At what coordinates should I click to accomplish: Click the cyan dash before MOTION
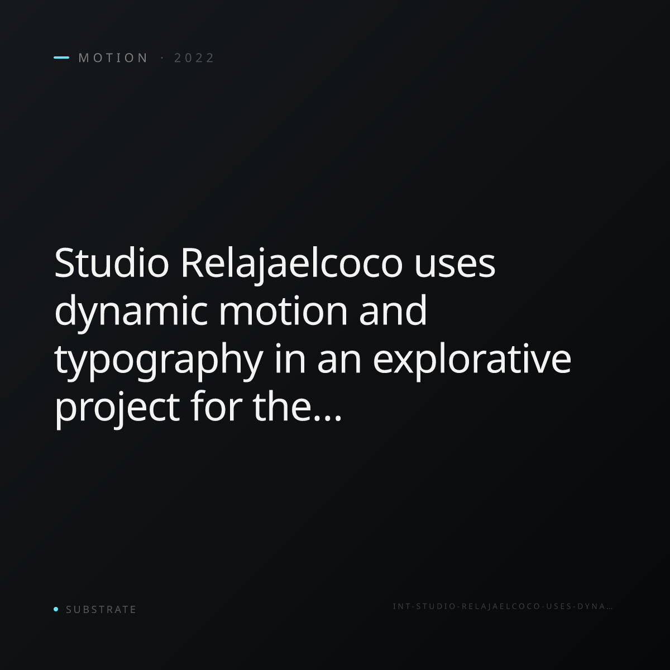click(61, 58)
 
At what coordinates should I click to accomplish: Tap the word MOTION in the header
click(113, 58)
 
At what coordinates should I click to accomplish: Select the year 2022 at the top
click(194, 58)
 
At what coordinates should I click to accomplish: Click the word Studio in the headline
click(112, 263)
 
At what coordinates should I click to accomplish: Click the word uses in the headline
click(455, 268)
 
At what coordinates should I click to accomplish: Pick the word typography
click(159, 361)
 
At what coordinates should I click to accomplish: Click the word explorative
click(472, 361)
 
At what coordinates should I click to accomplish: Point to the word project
click(117, 409)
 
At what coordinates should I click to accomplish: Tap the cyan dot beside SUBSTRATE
click(56, 609)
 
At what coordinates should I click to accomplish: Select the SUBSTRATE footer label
click(101, 610)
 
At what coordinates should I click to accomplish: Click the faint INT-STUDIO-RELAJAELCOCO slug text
click(502, 606)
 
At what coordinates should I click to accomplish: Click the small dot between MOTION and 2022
click(162, 58)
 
